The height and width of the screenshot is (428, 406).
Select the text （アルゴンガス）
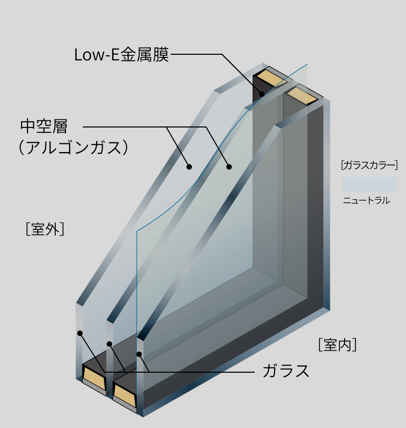coord(72,148)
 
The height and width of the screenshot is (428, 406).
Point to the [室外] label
coord(44,229)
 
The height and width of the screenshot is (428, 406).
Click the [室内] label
coord(337,345)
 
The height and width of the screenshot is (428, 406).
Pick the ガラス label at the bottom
coord(286,370)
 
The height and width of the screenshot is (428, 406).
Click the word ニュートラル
coord(366,201)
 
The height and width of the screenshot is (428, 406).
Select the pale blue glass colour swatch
coord(369,184)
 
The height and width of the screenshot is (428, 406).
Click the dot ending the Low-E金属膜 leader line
coord(261,94)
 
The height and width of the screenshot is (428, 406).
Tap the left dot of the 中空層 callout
coord(189,166)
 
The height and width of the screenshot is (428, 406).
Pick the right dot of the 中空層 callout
coord(229,166)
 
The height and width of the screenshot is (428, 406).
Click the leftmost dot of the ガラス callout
coord(80,333)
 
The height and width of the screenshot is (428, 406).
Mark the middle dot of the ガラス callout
coord(109,344)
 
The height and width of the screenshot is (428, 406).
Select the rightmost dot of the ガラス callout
coord(139,354)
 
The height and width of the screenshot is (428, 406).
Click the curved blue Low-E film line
coord(205,169)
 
